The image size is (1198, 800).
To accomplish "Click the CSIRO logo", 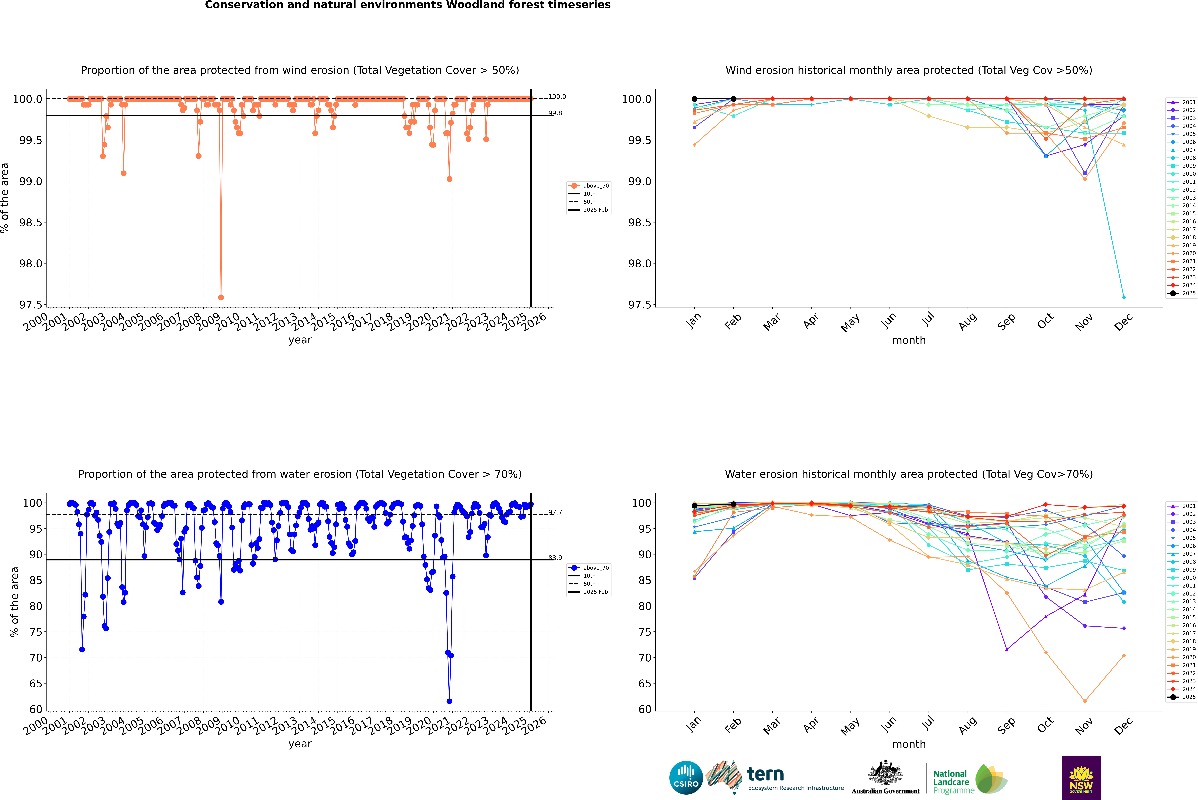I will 686,778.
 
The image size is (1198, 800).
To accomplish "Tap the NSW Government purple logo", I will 1081,778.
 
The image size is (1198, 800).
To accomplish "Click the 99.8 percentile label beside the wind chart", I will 555,113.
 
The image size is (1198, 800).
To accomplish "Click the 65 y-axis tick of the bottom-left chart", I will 36,684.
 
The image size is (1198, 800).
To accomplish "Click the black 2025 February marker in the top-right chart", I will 733,99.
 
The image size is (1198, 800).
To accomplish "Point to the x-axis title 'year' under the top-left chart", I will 300,340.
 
